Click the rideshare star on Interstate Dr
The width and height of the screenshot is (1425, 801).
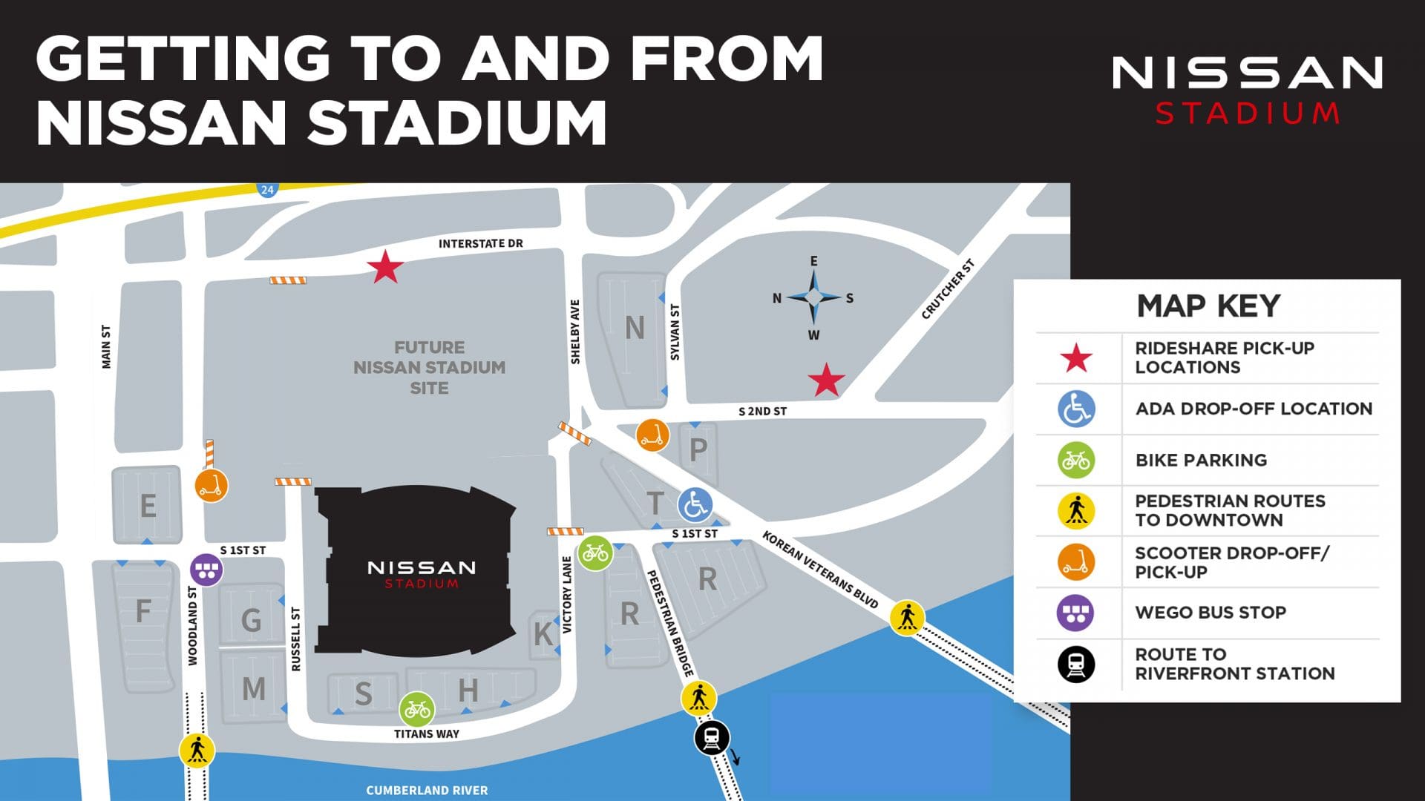pos(385,267)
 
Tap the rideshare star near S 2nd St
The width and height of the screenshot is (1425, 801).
pos(826,380)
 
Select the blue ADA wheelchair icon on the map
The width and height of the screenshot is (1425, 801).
pos(695,506)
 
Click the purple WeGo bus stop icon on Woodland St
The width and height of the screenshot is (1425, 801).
pos(206,570)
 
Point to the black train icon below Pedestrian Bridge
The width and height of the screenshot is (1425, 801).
pos(712,738)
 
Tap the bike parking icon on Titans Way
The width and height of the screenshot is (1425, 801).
pos(417,710)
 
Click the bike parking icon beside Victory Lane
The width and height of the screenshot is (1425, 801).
pos(595,553)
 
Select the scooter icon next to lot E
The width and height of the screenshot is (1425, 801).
pos(212,485)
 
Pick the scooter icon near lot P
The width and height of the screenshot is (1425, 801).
pos(652,435)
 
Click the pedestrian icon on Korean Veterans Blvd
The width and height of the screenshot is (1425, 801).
pos(907,617)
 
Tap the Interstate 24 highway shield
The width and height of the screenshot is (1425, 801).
pos(267,190)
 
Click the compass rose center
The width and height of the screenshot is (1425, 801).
pos(813,297)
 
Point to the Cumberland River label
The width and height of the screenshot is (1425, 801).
pos(427,790)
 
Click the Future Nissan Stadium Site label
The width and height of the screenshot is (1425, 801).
pos(429,367)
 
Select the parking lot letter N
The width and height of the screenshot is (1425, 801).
pos(635,327)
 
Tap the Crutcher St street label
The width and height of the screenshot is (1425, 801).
pos(948,289)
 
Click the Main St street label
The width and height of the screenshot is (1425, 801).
pos(106,346)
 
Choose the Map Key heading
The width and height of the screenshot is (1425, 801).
pos(1208,306)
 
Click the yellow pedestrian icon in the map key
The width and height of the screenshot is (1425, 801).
pos(1076,511)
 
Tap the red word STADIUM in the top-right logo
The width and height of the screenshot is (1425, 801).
pos(1248,113)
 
